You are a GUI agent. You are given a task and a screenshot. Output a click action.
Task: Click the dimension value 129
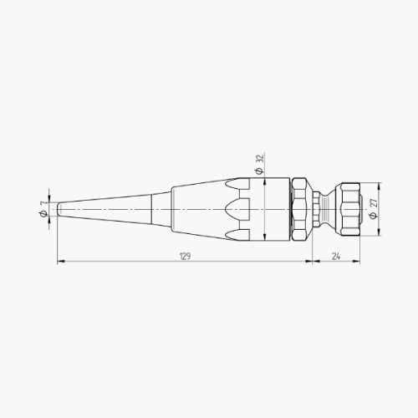[183, 256]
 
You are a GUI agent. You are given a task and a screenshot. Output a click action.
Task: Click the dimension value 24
[336, 256]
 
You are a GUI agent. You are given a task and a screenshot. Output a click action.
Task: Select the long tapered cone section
[109, 207]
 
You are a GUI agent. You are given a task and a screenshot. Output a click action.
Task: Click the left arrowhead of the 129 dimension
[59, 262]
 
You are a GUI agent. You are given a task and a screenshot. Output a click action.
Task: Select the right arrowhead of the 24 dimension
[362, 262]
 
